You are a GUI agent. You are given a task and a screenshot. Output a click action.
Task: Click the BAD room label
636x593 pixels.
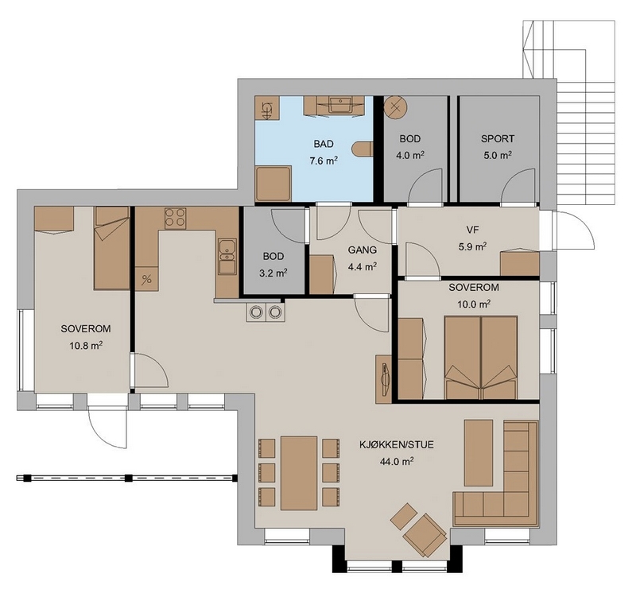(324, 144)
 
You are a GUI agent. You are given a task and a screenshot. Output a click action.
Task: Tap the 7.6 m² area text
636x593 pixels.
(324, 161)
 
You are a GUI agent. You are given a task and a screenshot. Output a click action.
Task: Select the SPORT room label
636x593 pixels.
(498, 139)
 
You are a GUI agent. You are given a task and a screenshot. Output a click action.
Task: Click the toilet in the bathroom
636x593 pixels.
(363, 149)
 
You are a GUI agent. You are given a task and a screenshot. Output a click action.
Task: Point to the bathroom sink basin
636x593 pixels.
(340, 105)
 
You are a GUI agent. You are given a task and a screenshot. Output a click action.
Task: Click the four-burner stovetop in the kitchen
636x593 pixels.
(175, 219)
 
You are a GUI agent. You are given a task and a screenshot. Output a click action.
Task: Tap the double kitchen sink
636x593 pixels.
(227, 256)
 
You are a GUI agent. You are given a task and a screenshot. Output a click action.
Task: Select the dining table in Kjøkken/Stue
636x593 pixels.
(299, 473)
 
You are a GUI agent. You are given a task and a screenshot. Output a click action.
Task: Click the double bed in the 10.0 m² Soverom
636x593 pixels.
(481, 358)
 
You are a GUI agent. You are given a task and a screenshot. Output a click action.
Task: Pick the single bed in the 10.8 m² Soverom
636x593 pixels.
(112, 248)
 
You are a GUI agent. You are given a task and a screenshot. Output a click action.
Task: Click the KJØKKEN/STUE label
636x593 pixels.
(397, 445)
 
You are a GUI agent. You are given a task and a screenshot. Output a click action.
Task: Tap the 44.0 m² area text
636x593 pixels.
(397, 462)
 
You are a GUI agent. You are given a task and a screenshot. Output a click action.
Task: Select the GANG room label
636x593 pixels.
(363, 250)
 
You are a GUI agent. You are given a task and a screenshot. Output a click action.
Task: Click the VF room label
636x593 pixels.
(472, 230)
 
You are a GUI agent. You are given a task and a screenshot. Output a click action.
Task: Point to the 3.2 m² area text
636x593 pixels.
(273, 273)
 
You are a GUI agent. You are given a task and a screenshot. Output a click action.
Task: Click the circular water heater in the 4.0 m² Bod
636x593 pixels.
(395, 107)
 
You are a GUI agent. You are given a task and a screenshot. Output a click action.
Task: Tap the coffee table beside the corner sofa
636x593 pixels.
(479, 452)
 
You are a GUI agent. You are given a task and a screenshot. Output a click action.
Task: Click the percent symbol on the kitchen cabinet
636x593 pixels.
(147, 279)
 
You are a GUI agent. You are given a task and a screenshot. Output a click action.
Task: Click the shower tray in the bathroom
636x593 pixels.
(273, 183)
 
